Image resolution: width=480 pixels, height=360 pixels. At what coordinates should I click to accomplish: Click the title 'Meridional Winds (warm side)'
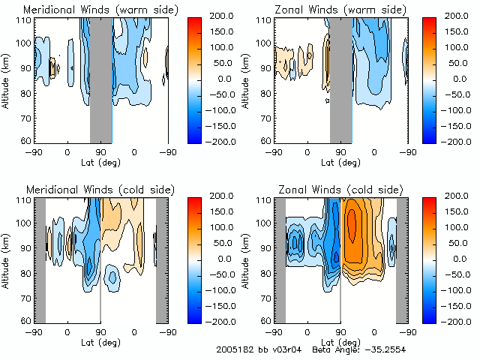[91, 10]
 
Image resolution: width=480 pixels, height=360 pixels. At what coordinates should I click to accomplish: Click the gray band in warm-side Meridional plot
[100, 79]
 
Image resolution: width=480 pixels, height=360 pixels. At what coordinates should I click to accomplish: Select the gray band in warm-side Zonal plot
[340, 79]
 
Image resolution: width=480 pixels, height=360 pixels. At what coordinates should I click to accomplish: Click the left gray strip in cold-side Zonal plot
[280, 259]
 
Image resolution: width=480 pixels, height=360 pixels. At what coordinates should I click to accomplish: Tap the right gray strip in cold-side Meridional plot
[161, 259]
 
